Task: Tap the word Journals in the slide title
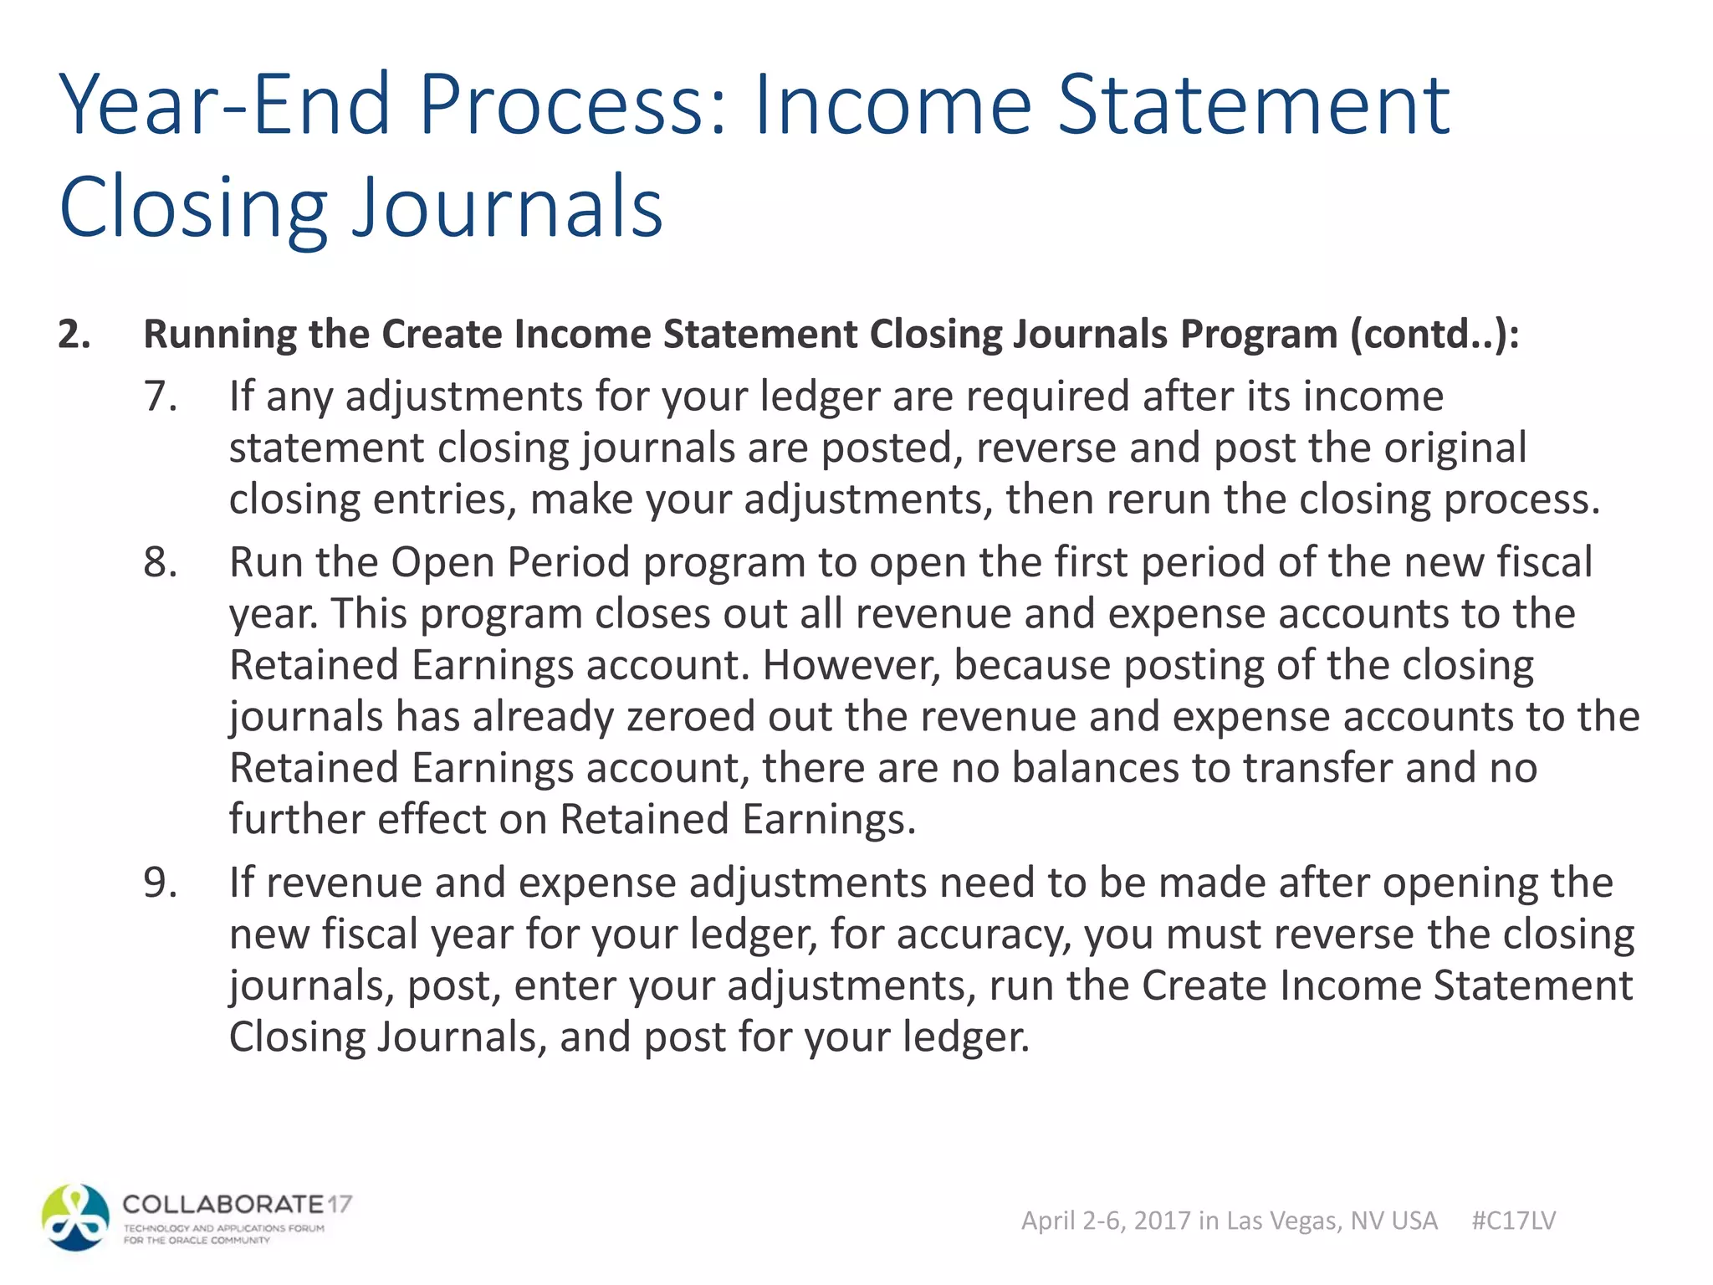(508, 207)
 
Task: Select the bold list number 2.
(74, 334)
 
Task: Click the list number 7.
(160, 396)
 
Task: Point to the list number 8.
(160, 561)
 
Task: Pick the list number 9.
(160, 883)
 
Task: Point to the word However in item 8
(851, 665)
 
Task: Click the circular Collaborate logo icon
(76, 1217)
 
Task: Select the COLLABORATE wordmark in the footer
(223, 1205)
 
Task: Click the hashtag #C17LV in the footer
(1513, 1221)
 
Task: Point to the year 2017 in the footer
(1163, 1221)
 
